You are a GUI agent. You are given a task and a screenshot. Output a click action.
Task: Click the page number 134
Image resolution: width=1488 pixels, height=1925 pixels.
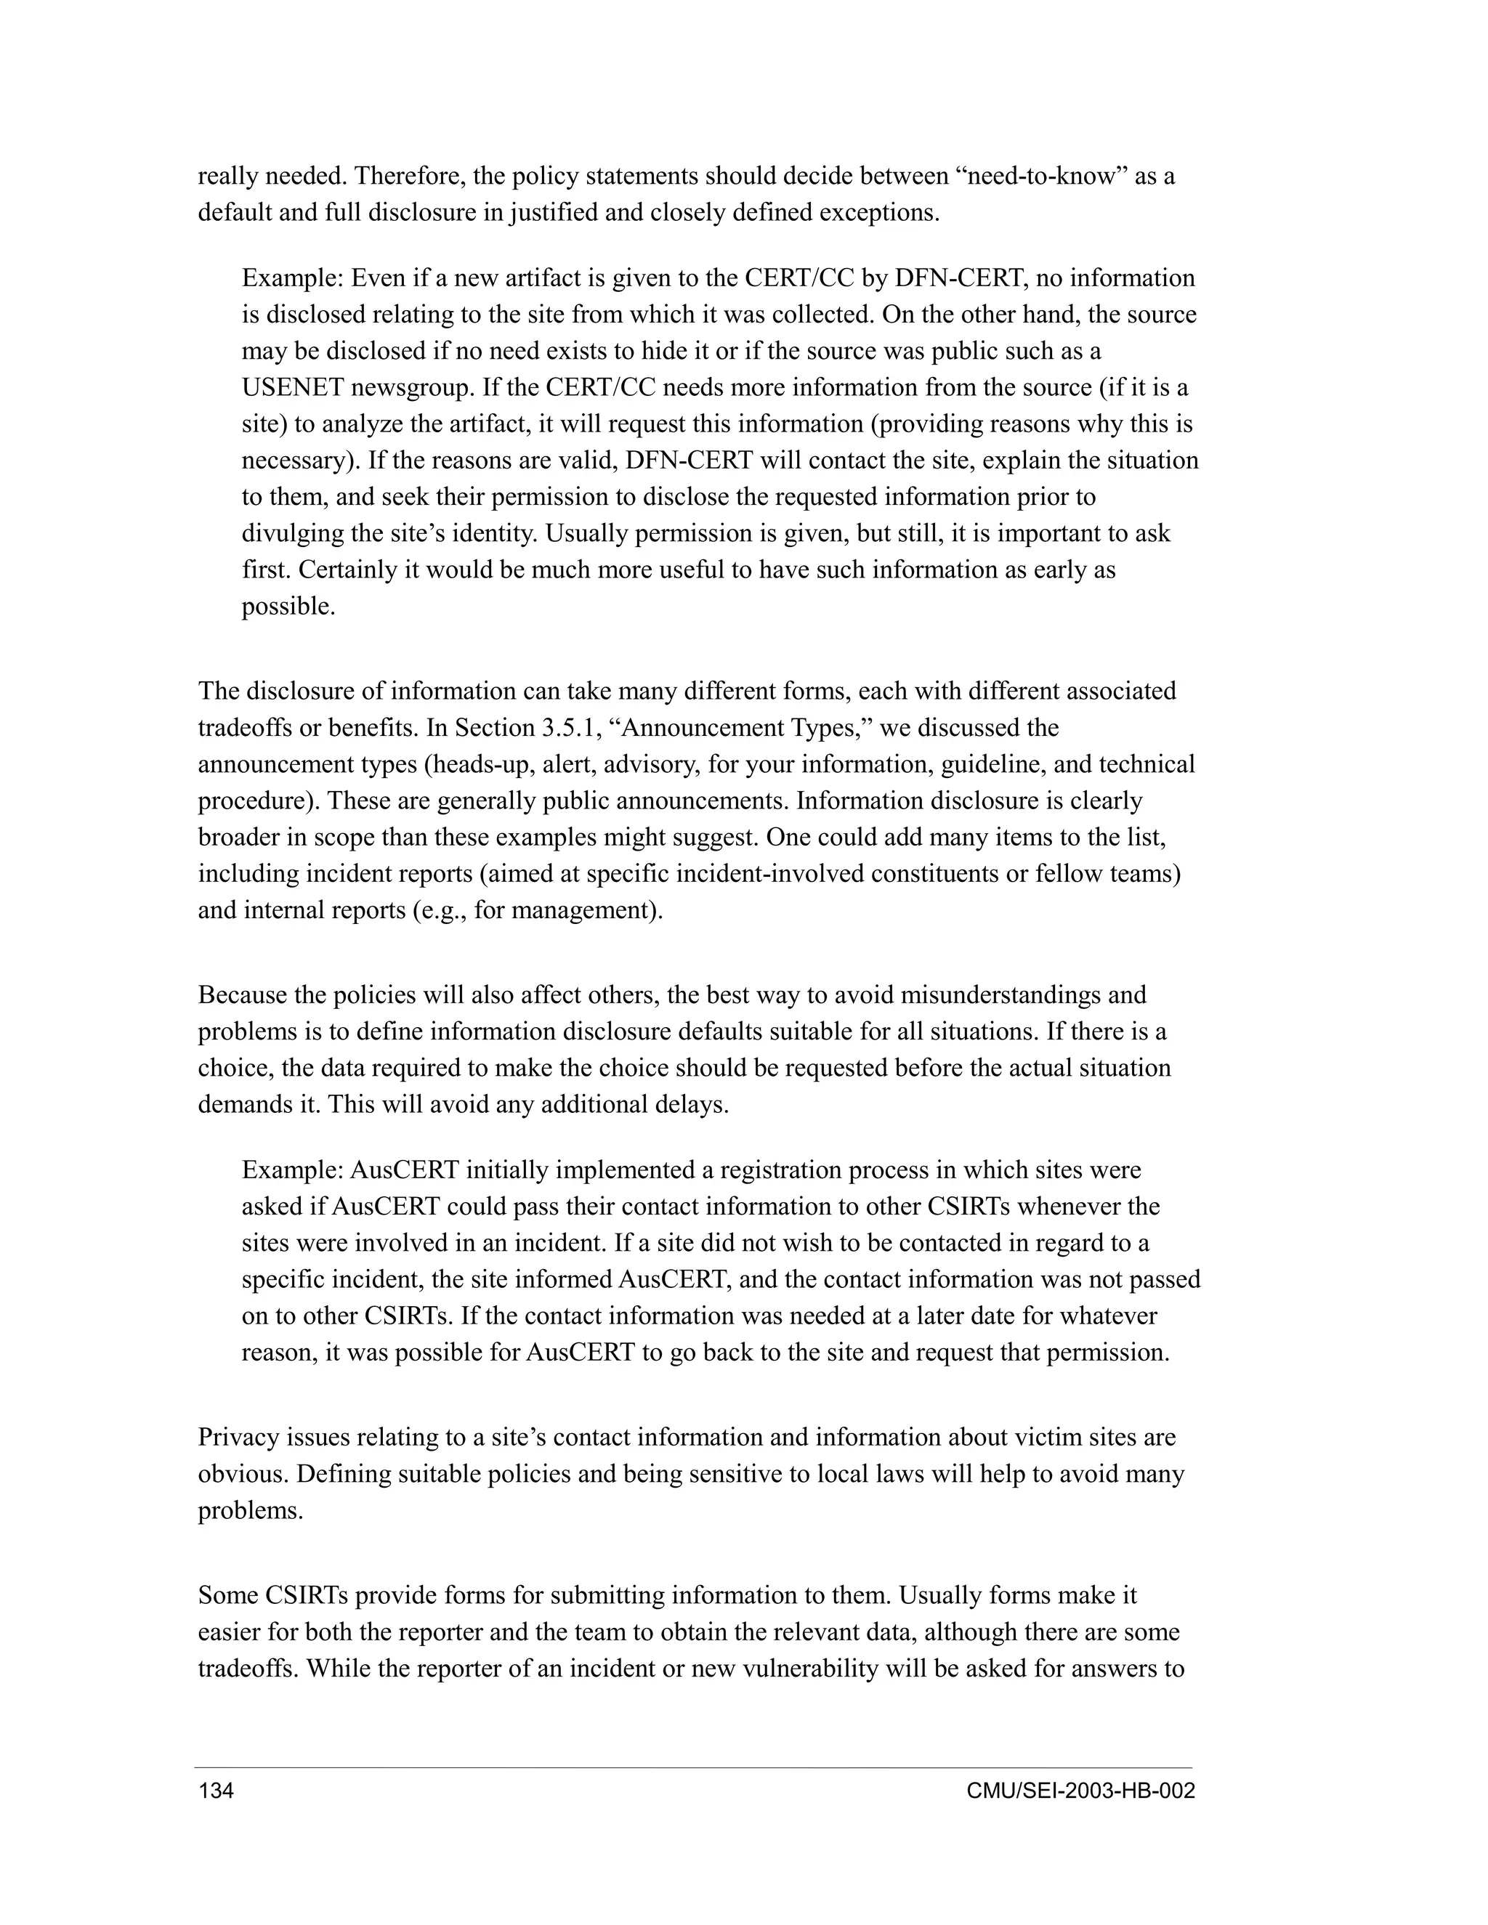coord(216,1791)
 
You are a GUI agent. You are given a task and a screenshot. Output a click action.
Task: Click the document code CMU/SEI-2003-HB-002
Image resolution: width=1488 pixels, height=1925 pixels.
coord(1080,1791)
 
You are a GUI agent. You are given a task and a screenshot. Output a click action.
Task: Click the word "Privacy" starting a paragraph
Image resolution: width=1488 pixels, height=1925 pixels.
coord(231,1438)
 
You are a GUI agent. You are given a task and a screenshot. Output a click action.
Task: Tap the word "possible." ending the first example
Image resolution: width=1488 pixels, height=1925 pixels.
coord(288,607)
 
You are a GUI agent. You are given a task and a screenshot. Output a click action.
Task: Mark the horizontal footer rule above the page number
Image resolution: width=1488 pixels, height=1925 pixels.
coord(693,1767)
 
